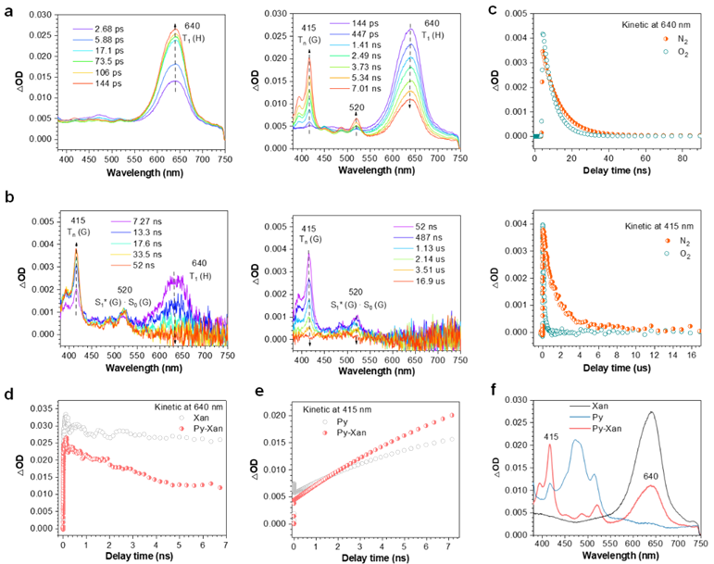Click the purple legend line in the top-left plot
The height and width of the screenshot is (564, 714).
coord(82,30)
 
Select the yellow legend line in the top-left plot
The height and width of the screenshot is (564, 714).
coord(82,72)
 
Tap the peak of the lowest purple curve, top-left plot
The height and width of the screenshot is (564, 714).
coord(176,81)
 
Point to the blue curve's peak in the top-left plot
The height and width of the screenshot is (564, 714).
coord(175,65)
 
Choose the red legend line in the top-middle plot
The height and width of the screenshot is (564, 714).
coord(339,89)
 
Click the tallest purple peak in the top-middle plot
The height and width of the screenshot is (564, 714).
coord(409,29)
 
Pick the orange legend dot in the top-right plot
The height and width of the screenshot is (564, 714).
coord(665,39)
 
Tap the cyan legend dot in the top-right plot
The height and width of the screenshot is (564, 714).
coord(665,51)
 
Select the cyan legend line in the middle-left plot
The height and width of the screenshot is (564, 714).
coord(120,244)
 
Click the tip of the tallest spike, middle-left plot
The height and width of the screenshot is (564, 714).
coord(76,250)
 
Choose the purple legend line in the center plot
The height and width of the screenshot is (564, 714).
coord(403,227)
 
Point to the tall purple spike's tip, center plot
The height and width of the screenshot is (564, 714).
coord(308,255)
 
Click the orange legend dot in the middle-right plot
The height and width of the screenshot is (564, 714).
coord(667,241)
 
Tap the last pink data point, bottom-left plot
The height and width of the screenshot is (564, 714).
coord(219,487)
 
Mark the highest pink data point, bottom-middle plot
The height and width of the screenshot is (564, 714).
coord(452,415)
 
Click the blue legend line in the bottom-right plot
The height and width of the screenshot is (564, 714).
coord(580,418)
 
